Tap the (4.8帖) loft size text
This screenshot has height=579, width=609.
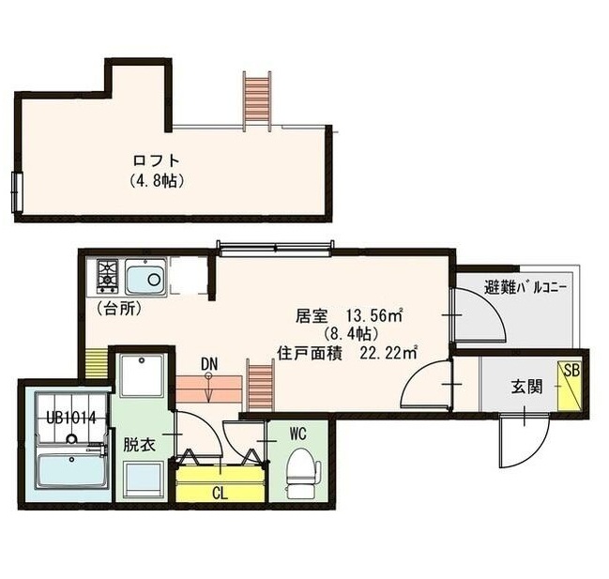pyautogui.click(x=155, y=179)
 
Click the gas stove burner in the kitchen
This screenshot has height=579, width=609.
pyautogui.click(x=105, y=275)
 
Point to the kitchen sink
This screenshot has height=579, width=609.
pyautogui.click(x=145, y=279)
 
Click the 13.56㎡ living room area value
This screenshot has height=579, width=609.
pyautogui.click(x=374, y=315)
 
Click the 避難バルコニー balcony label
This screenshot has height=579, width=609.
pyautogui.click(x=525, y=287)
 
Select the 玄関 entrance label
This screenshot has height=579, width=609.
pyautogui.click(x=525, y=386)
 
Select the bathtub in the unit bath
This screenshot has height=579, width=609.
pyautogui.click(x=71, y=469)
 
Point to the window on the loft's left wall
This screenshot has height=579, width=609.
pyautogui.click(x=16, y=193)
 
